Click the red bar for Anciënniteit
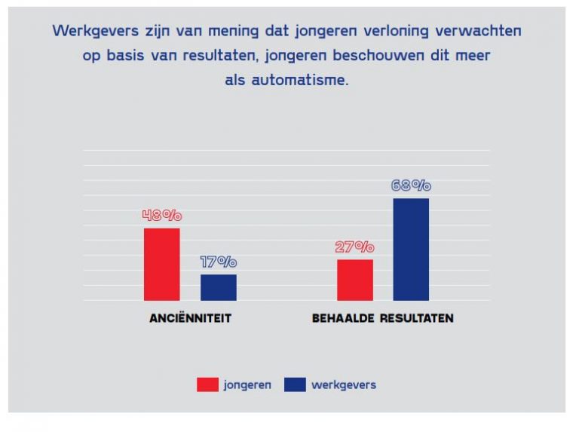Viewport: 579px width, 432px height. click(161, 264)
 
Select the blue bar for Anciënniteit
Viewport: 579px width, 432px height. click(218, 287)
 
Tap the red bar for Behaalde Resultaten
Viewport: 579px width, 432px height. click(354, 280)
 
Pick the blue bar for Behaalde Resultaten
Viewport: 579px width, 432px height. click(411, 249)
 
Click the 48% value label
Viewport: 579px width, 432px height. click(162, 216)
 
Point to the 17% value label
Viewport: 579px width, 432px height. click(218, 262)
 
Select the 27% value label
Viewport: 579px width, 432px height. click(354, 247)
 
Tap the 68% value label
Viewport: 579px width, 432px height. click(411, 185)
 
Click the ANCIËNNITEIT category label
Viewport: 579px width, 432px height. click(190, 318)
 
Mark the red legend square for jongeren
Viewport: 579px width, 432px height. click(207, 385)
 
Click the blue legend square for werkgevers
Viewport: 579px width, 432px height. click(295, 385)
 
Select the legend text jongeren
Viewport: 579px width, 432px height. click(247, 385)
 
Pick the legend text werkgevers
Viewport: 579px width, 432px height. click(345, 385)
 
